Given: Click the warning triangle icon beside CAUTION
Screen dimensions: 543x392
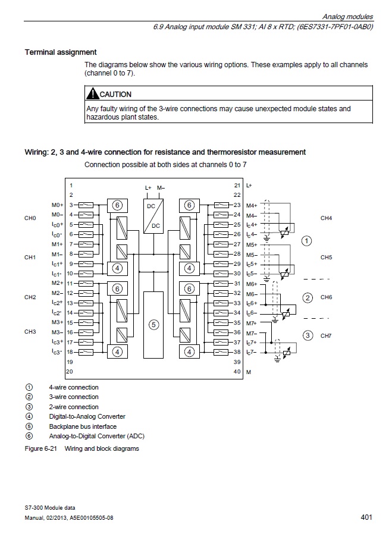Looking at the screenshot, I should pyautogui.click(x=92, y=94).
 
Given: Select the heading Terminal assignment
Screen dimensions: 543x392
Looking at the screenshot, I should pyautogui.click(x=61, y=52).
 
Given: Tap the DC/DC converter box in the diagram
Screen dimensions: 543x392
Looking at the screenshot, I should pyautogui.click(x=153, y=215).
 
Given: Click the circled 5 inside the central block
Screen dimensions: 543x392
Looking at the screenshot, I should pyautogui.click(x=153, y=325).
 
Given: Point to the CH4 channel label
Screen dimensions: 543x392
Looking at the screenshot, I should pyautogui.click(x=326, y=218).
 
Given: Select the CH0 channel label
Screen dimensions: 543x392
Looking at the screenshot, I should pyautogui.click(x=30, y=218).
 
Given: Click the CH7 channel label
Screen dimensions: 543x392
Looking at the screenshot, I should pyautogui.click(x=326, y=336).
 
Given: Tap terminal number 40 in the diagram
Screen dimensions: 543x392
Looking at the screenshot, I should pyautogui.click(x=237, y=372).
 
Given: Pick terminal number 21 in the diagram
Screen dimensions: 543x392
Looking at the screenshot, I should pyautogui.click(x=237, y=186).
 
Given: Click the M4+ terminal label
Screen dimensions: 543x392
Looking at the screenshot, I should pyautogui.click(x=252, y=205).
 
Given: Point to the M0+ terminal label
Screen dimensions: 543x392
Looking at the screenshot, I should pyautogui.click(x=57, y=205).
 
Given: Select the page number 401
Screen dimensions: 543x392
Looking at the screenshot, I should pyautogui.click(x=366, y=517).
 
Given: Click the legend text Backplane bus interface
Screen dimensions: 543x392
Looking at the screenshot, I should pyautogui.click(x=83, y=426).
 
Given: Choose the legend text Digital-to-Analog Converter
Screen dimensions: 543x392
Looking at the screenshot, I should pyautogui.click(x=87, y=416).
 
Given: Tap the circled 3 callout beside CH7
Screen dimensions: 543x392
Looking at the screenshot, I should pyautogui.click(x=308, y=335).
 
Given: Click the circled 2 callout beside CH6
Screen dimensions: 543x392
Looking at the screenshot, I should pyautogui.click(x=308, y=297).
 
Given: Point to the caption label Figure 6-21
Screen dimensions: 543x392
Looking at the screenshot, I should pyautogui.click(x=40, y=448).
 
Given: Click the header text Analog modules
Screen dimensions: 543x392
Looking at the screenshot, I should pyautogui.click(x=348, y=17).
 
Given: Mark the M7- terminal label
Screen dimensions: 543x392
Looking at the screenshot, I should pyautogui.click(x=251, y=333).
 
